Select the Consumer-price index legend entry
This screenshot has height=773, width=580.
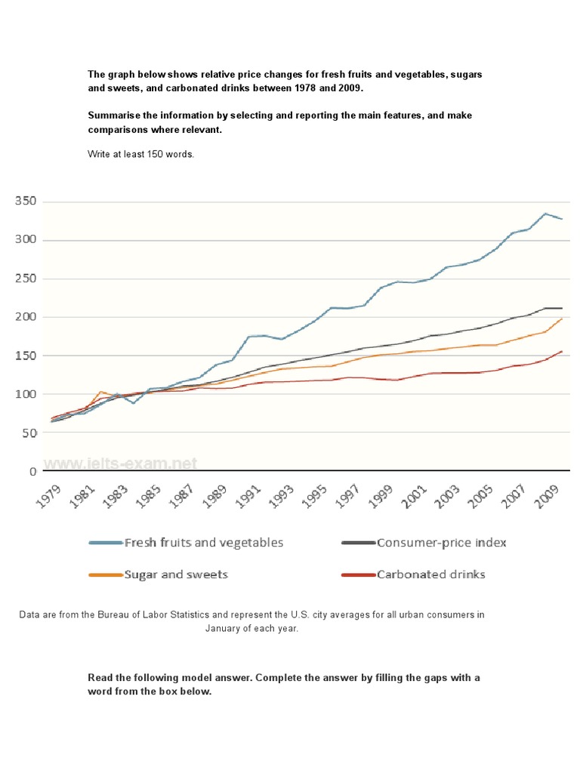click(x=441, y=542)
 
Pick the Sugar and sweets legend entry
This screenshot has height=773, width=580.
click(x=175, y=574)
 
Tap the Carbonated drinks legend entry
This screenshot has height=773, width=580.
click(x=430, y=574)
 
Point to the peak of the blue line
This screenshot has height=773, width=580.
click(x=545, y=214)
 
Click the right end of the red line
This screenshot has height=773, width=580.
click(x=561, y=351)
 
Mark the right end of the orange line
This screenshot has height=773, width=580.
click(x=561, y=319)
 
